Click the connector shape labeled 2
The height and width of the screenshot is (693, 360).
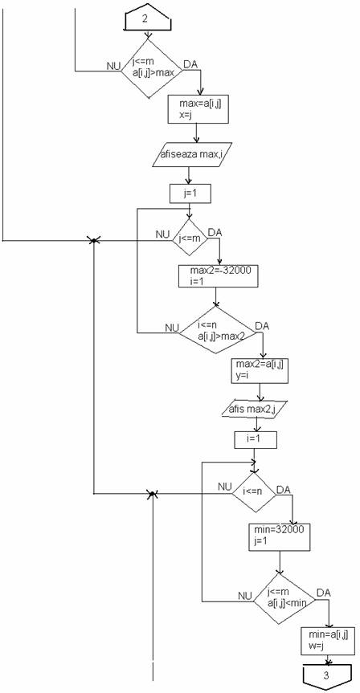pyautogui.click(x=148, y=19)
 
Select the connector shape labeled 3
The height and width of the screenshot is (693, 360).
pyautogui.click(x=326, y=675)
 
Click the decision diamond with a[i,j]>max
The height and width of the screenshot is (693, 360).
pyautogui.click(x=152, y=68)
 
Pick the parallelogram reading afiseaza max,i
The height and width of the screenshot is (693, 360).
pyautogui.click(x=192, y=155)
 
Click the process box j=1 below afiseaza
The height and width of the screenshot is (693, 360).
pyautogui.click(x=190, y=194)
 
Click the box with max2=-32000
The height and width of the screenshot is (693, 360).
pyautogui.click(x=218, y=275)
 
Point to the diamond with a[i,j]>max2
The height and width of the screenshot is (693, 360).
pyautogui.click(x=217, y=330)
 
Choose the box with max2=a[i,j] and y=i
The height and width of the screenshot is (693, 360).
pyautogui.click(x=260, y=370)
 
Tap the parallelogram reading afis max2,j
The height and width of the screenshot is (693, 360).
pyautogui.click(x=254, y=409)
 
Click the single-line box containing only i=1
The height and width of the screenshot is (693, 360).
pyautogui.click(x=256, y=440)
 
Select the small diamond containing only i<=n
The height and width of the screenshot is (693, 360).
pyautogui.click(x=254, y=493)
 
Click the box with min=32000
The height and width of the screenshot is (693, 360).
pyautogui.click(x=279, y=536)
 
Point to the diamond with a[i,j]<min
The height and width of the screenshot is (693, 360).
pyautogui.click(x=284, y=600)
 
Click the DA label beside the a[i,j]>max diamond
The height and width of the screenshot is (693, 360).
pyautogui.click(x=190, y=64)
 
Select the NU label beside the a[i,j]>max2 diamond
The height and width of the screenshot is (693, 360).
pyautogui.click(x=172, y=328)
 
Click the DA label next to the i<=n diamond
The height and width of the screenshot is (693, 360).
pyautogui.click(x=284, y=490)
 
